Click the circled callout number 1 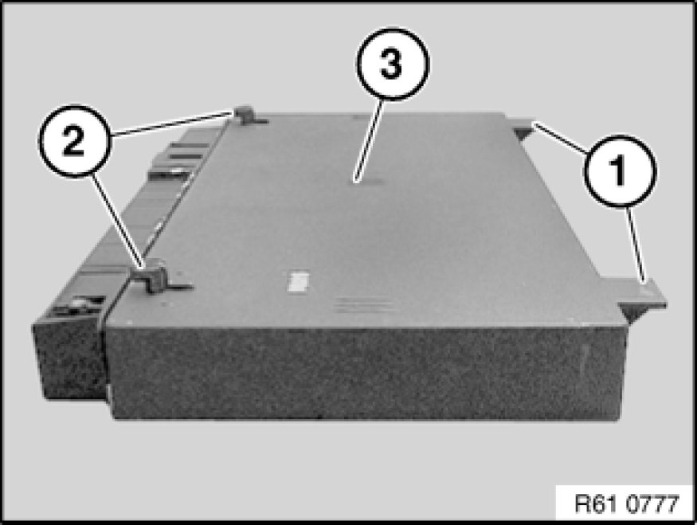pos(620,170)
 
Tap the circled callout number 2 pos(74,141)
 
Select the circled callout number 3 pos(392,64)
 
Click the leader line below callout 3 pos(367,139)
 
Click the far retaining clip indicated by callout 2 pos(249,116)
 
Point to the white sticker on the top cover pos(298,283)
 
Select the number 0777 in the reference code pos(652,503)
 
